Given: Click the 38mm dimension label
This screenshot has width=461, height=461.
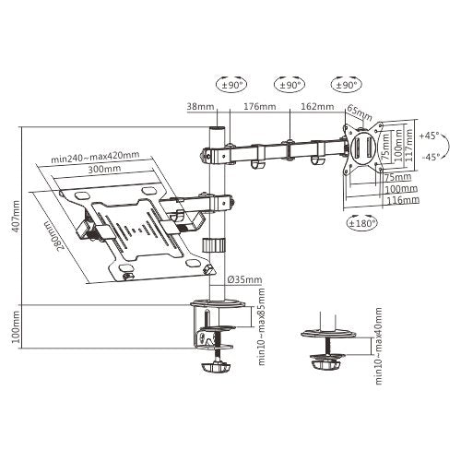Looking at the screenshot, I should [200, 106].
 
